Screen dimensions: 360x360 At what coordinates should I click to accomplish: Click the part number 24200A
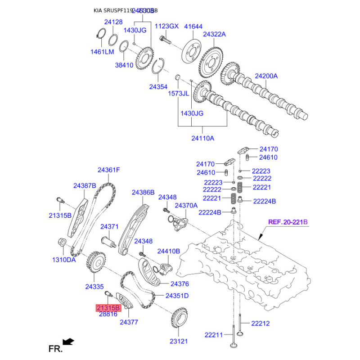(266, 76)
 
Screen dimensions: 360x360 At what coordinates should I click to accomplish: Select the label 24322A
(214, 34)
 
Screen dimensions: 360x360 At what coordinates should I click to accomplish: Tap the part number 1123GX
(167, 26)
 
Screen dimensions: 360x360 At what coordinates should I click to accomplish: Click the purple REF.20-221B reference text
(288, 222)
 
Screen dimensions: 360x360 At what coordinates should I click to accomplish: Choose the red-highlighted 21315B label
(108, 308)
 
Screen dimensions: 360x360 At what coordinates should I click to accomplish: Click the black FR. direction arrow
(68, 342)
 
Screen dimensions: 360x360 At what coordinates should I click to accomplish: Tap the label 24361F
(109, 170)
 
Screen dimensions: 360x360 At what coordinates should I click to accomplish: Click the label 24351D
(177, 296)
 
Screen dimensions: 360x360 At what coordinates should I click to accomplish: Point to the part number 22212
(260, 323)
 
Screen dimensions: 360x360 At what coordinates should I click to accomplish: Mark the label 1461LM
(103, 52)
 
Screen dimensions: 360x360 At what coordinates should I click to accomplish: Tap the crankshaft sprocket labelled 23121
(180, 319)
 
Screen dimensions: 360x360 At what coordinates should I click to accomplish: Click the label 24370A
(186, 205)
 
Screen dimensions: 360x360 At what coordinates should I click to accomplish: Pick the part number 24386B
(143, 192)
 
